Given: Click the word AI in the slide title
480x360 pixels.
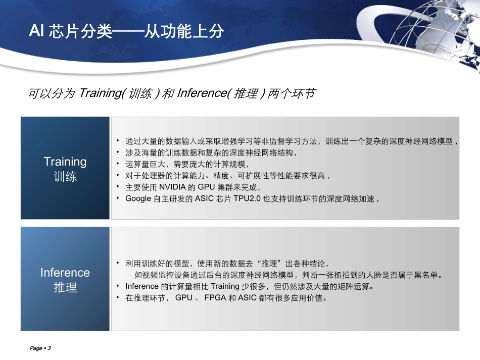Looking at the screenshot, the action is tap(36, 31).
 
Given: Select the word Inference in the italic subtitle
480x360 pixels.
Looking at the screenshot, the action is tap(202, 93).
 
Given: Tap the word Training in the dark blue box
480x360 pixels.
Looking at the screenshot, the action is tap(65, 162).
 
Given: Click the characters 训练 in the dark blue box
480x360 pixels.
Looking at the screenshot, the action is tap(65, 177).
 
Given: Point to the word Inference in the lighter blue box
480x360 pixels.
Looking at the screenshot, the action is tap(65, 273).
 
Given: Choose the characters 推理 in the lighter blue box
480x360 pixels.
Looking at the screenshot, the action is tap(65, 287).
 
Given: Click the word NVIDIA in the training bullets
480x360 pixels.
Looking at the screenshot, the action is tap(172, 187).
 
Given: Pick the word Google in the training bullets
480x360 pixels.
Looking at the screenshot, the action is tap(138, 199).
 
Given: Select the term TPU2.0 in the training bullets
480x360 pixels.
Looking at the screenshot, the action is tap(247, 198).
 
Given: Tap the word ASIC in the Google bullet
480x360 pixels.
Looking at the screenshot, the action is tap(204, 198).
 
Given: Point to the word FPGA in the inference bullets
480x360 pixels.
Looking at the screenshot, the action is tap(215, 297).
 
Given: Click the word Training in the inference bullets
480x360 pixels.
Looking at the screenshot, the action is tap(225, 286).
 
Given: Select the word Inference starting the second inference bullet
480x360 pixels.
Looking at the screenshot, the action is tap(142, 286).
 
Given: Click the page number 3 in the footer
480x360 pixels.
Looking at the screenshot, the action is tap(50, 348).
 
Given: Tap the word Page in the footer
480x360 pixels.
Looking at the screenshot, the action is tap(36, 348).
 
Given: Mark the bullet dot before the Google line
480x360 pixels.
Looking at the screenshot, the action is tap(118, 198).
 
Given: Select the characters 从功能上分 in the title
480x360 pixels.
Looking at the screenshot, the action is tap(184, 31).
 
